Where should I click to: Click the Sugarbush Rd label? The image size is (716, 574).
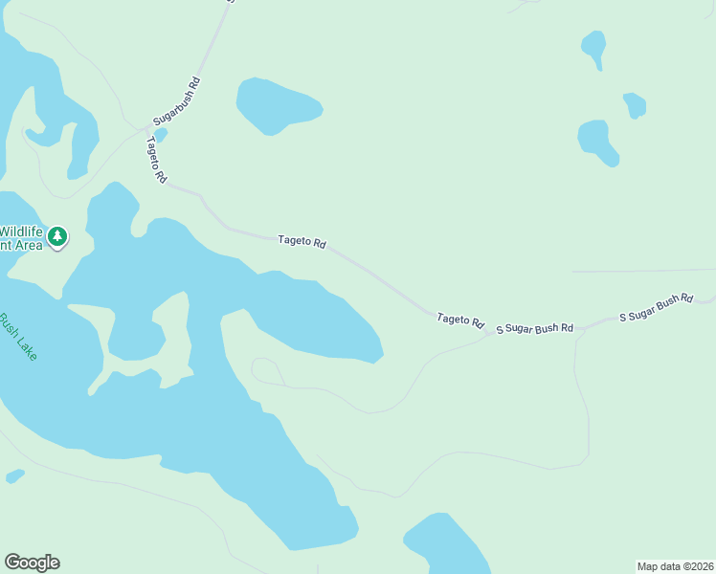[x=178, y=102]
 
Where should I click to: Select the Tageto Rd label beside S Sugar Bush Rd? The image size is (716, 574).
[x=460, y=320]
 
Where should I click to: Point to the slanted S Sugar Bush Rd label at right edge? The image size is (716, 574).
[x=656, y=307]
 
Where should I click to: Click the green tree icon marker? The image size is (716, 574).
[x=57, y=235]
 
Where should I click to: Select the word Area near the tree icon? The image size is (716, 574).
[x=29, y=245]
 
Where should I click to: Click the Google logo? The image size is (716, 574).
[x=32, y=563]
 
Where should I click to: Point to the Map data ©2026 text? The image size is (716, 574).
[x=676, y=566]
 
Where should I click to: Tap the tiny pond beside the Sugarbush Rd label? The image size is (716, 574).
[x=161, y=135]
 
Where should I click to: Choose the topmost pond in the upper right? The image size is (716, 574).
[x=594, y=47]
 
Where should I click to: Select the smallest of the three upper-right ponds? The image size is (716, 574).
[x=634, y=103]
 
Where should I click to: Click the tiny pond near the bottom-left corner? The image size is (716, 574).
[x=14, y=475]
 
